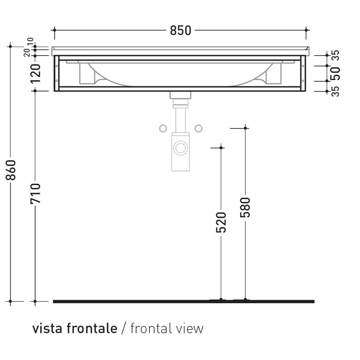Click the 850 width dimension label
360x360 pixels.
pyautogui.click(x=180, y=30)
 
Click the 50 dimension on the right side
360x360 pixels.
pyautogui.click(x=335, y=73)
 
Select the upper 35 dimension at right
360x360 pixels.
pyautogui.click(x=335, y=55)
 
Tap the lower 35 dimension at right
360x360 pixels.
pyautogui.click(x=335, y=91)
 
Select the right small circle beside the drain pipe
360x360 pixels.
pyautogui.click(x=198, y=128)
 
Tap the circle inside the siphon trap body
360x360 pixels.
pyautogui.click(x=180, y=149)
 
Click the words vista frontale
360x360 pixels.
pyautogui.click(x=75, y=328)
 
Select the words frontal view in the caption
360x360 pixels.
pyautogui.click(x=167, y=328)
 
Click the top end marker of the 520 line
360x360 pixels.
pyautogui.click(x=221, y=147)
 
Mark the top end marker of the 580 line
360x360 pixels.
pyautogui.click(x=245, y=128)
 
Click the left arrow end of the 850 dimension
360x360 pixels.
pyautogui.click(x=55, y=30)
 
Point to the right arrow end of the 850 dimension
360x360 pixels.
pyautogui.click(x=306, y=30)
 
